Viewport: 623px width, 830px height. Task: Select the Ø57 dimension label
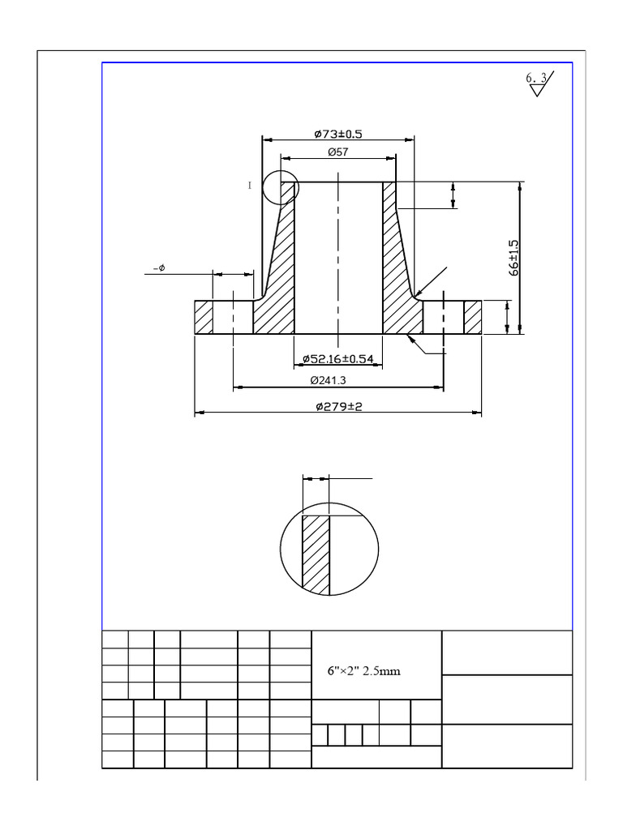pos(338,152)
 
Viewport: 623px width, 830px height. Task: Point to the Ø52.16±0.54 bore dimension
pos(337,358)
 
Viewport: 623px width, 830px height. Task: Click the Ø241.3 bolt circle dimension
pos(337,380)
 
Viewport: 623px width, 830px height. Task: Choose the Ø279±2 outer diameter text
pos(338,406)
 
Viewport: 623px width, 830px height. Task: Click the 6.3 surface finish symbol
pos(537,82)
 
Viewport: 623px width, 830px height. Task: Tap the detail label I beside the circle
pos(251,186)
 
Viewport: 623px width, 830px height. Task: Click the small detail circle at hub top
pos(281,187)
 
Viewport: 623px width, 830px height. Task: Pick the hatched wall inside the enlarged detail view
pos(316,554)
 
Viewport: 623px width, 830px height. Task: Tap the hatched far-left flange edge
pos(203,317)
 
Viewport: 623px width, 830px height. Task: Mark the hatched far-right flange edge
pos(472,317)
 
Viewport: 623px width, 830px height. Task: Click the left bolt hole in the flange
pos(233,317)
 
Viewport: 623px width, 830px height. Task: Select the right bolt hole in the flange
pos(444,317)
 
